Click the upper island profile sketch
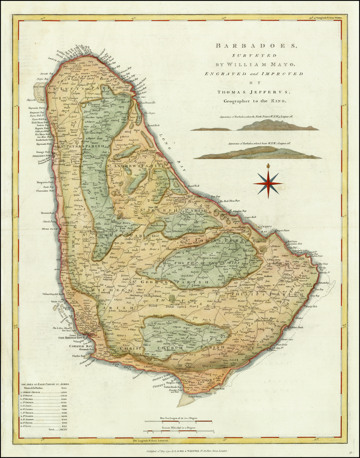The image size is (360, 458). (255, 126)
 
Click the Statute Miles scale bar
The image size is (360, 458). (179, 431)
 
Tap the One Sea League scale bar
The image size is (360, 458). (179, 421)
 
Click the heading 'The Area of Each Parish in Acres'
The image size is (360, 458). (45, 384)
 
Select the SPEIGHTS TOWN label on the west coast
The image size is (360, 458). (42, 155)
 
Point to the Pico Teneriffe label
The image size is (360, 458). (148, 103)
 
